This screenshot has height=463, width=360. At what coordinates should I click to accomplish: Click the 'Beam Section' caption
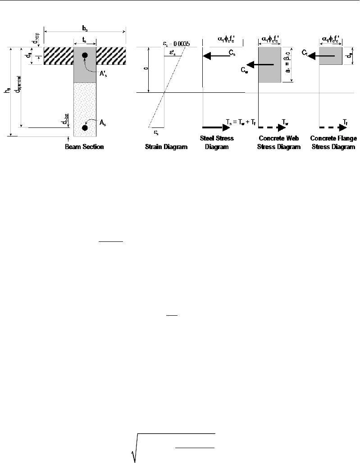click(x=85, y=147)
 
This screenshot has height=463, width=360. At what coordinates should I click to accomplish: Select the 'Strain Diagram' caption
click(x=166, y=147)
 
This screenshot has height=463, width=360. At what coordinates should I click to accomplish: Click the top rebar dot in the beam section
click(x=85, y=55)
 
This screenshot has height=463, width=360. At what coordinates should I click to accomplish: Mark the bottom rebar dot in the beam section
click(x=85, y=128)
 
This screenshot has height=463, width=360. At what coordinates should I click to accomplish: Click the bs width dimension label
click(x=84, y=26)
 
